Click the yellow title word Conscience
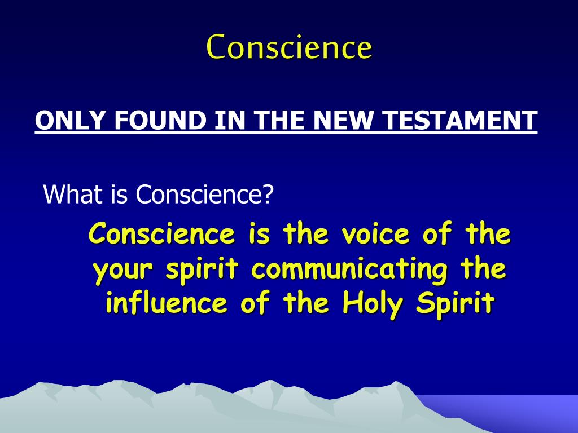(x=289, y=47)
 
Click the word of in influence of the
(x=255, y=304)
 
